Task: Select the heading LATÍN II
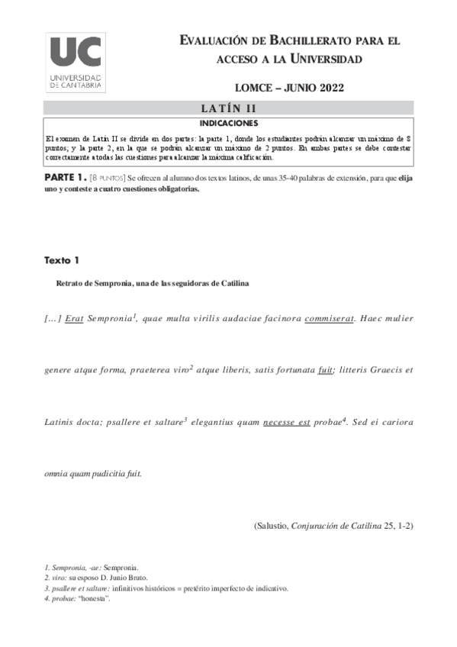(x=229, y=108)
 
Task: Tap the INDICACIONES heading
(x=229, y=122)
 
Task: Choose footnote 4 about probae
(x=77, y=598)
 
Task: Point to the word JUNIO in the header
(x=287, y=88)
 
